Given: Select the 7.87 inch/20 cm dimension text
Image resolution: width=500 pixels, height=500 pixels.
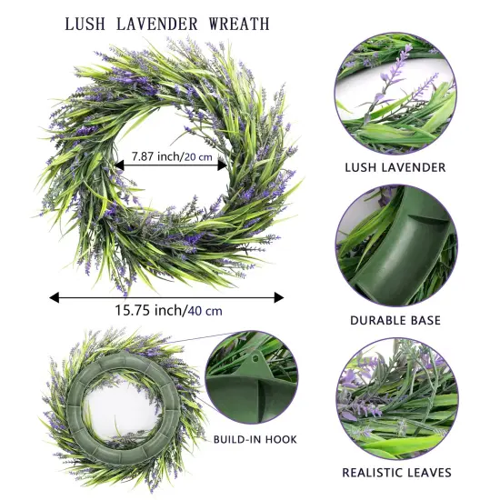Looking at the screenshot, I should click(x=177, y=156).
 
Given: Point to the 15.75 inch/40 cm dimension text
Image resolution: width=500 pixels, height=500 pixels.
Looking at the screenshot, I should click(x=168, y=310).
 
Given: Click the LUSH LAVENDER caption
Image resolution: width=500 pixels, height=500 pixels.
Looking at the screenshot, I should click(x=395, y=167).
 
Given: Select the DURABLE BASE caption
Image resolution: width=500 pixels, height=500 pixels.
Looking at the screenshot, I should click(x=395, y=320).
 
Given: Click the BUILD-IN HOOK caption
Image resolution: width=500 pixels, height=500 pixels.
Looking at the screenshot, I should click(x=255, y=440).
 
